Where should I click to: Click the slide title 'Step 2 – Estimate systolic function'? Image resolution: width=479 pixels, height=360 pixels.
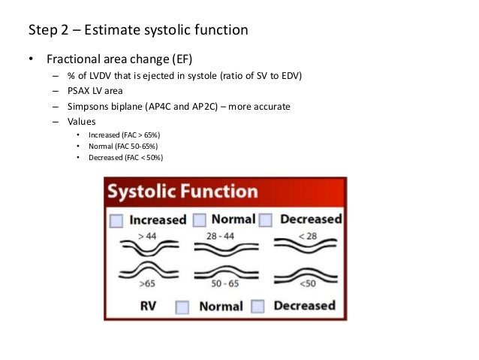(137, 30)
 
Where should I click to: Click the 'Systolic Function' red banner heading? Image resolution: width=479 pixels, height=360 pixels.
(182, 192)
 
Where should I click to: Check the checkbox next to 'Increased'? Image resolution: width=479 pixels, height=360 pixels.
(116, 220)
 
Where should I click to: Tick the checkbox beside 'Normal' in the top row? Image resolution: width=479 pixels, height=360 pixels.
(200, 220)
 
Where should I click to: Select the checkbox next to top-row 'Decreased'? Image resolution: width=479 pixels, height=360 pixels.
(266, 220)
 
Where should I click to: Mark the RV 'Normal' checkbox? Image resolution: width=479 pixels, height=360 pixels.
(182, 307)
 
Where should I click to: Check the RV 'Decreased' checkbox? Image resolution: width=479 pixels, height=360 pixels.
(258, 307)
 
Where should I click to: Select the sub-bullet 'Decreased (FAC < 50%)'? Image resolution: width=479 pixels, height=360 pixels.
(125, 157)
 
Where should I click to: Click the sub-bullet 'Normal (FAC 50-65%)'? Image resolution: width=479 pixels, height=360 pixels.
(123, 146)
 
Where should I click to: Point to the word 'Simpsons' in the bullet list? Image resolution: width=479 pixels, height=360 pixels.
(89, 106)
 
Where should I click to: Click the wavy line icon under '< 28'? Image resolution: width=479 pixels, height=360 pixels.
(304, 249)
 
